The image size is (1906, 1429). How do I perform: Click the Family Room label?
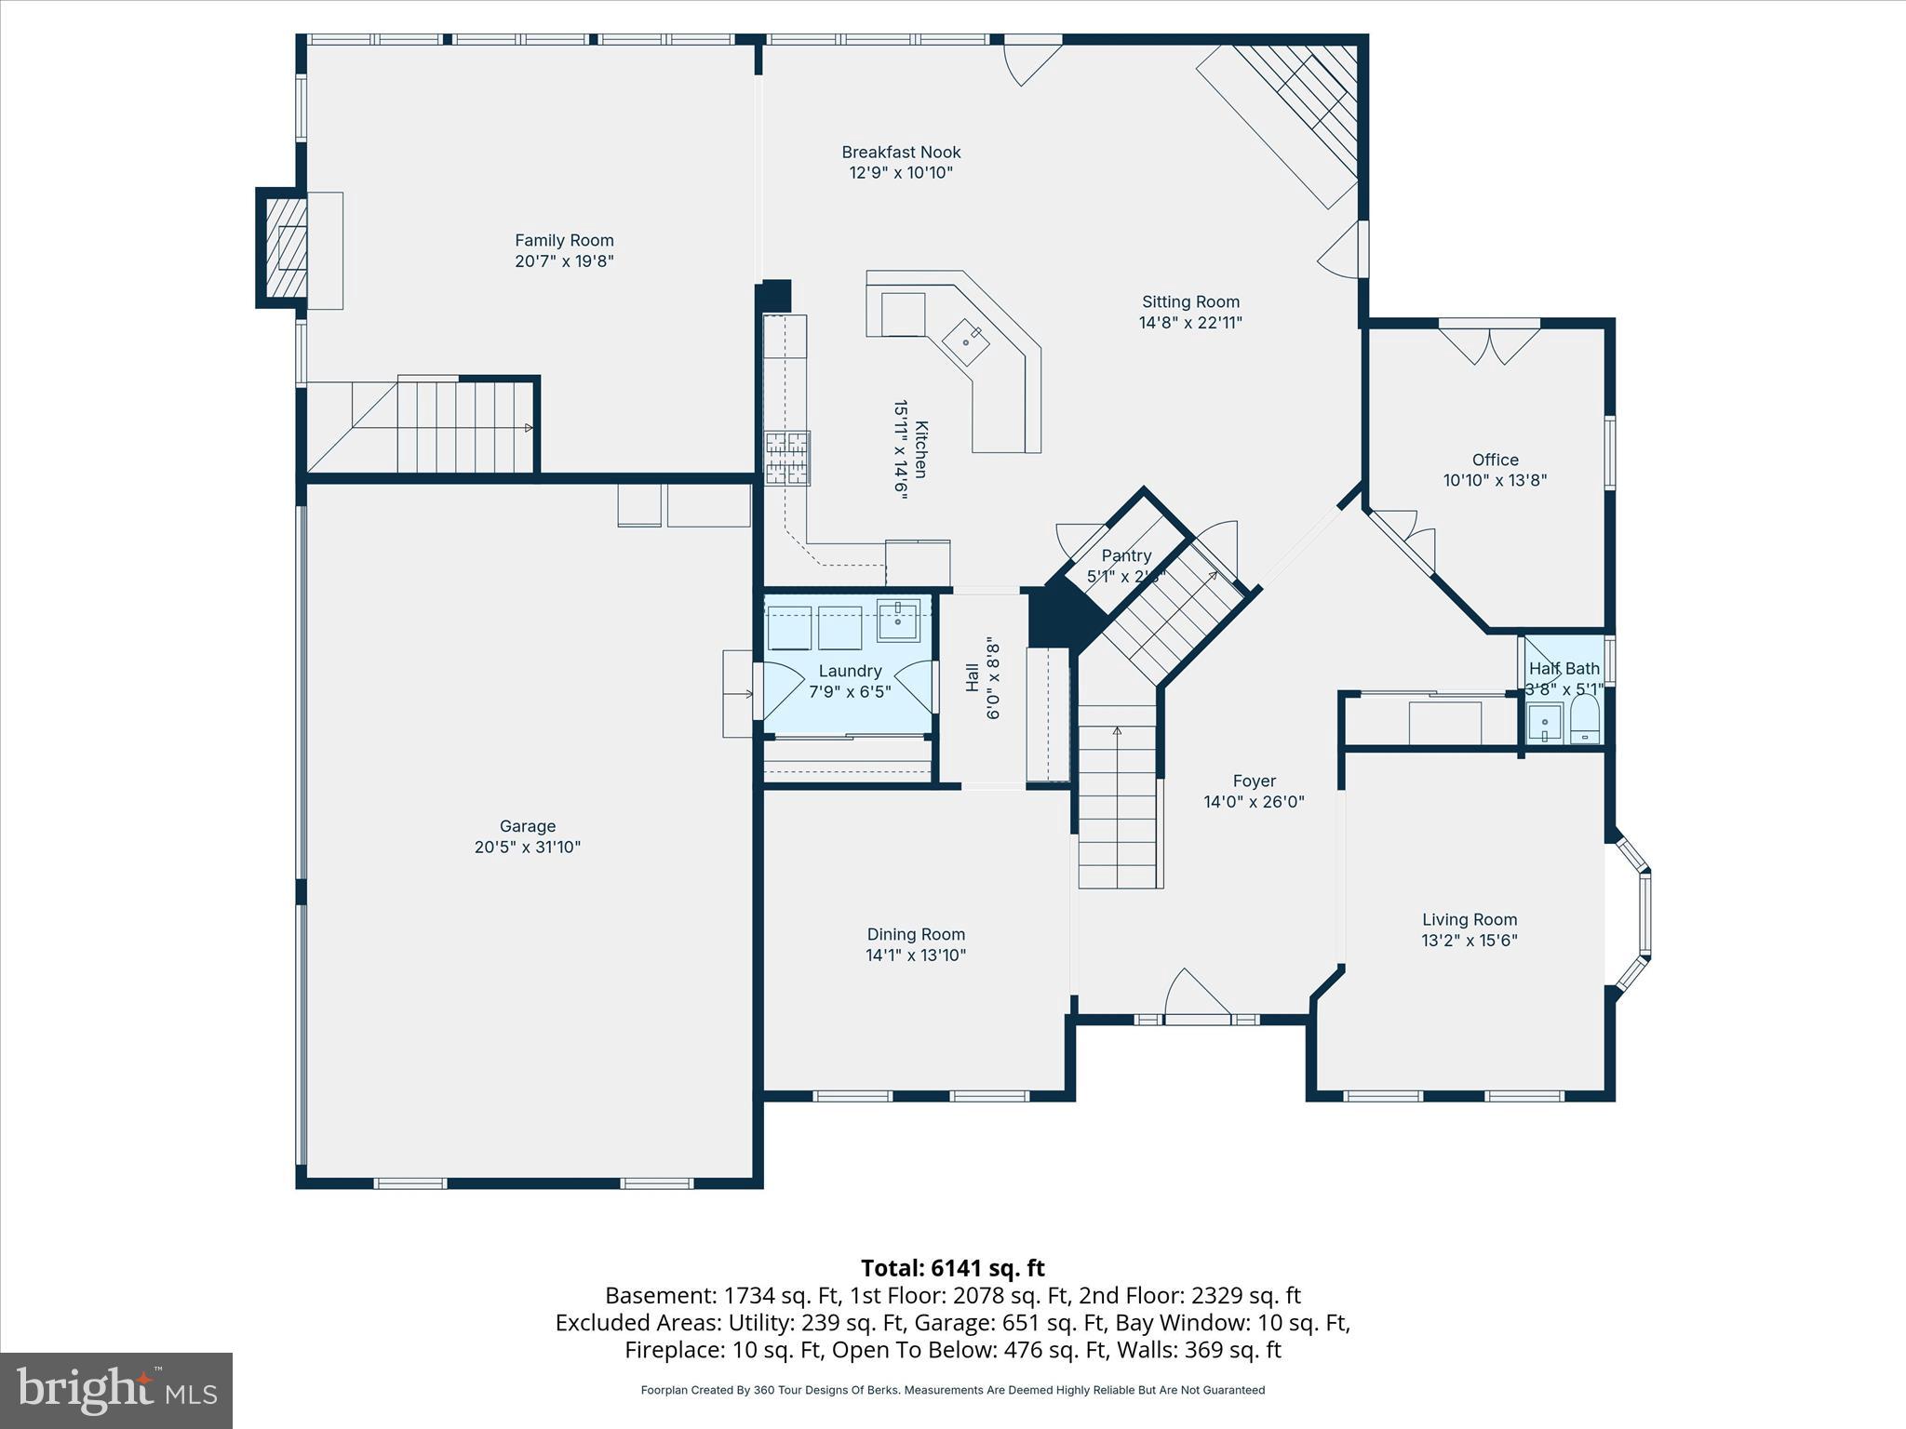click(564, 240)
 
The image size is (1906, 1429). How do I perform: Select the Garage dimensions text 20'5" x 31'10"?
click(527, 847)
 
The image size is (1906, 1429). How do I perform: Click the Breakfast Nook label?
click(901, 152)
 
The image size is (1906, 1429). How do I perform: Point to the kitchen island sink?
click(966, 339)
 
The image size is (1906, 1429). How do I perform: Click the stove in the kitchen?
click(787, 458)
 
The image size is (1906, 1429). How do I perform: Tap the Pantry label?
click(1126, 555)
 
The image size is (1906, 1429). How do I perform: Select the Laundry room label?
click(850, 671)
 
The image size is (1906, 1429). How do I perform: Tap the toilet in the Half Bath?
click(1585, 723)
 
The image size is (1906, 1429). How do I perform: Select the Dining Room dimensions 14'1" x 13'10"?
click(916, 955)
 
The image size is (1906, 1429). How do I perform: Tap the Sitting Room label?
click(1190, 301)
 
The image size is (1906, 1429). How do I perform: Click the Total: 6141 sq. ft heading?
click(952, 1268)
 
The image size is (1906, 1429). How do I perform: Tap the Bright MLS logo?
click(116, 1390)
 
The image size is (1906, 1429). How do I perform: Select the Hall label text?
click(972, 677)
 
